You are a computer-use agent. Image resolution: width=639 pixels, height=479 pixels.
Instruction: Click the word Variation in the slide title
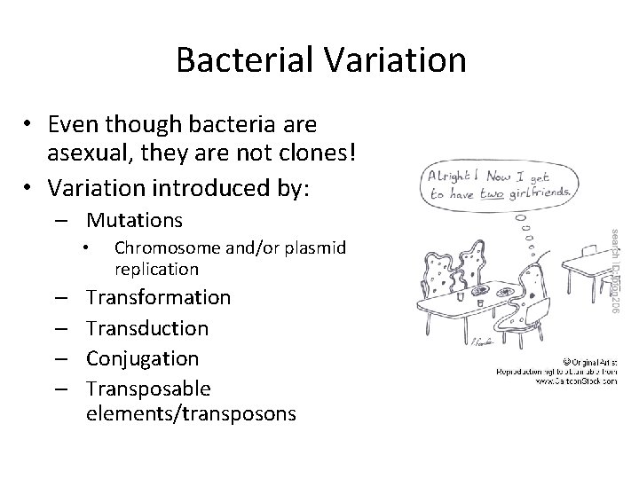coord(393,60)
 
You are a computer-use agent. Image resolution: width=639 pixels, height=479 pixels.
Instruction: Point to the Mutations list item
coord(134,219)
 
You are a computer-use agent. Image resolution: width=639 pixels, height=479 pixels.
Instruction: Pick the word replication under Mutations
coord(156,269)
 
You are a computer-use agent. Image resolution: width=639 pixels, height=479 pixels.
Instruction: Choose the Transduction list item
coord(147,328)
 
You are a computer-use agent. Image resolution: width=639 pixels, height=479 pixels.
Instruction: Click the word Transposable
coord(148,389)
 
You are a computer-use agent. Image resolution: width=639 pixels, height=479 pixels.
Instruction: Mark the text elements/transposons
coord(191,413)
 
